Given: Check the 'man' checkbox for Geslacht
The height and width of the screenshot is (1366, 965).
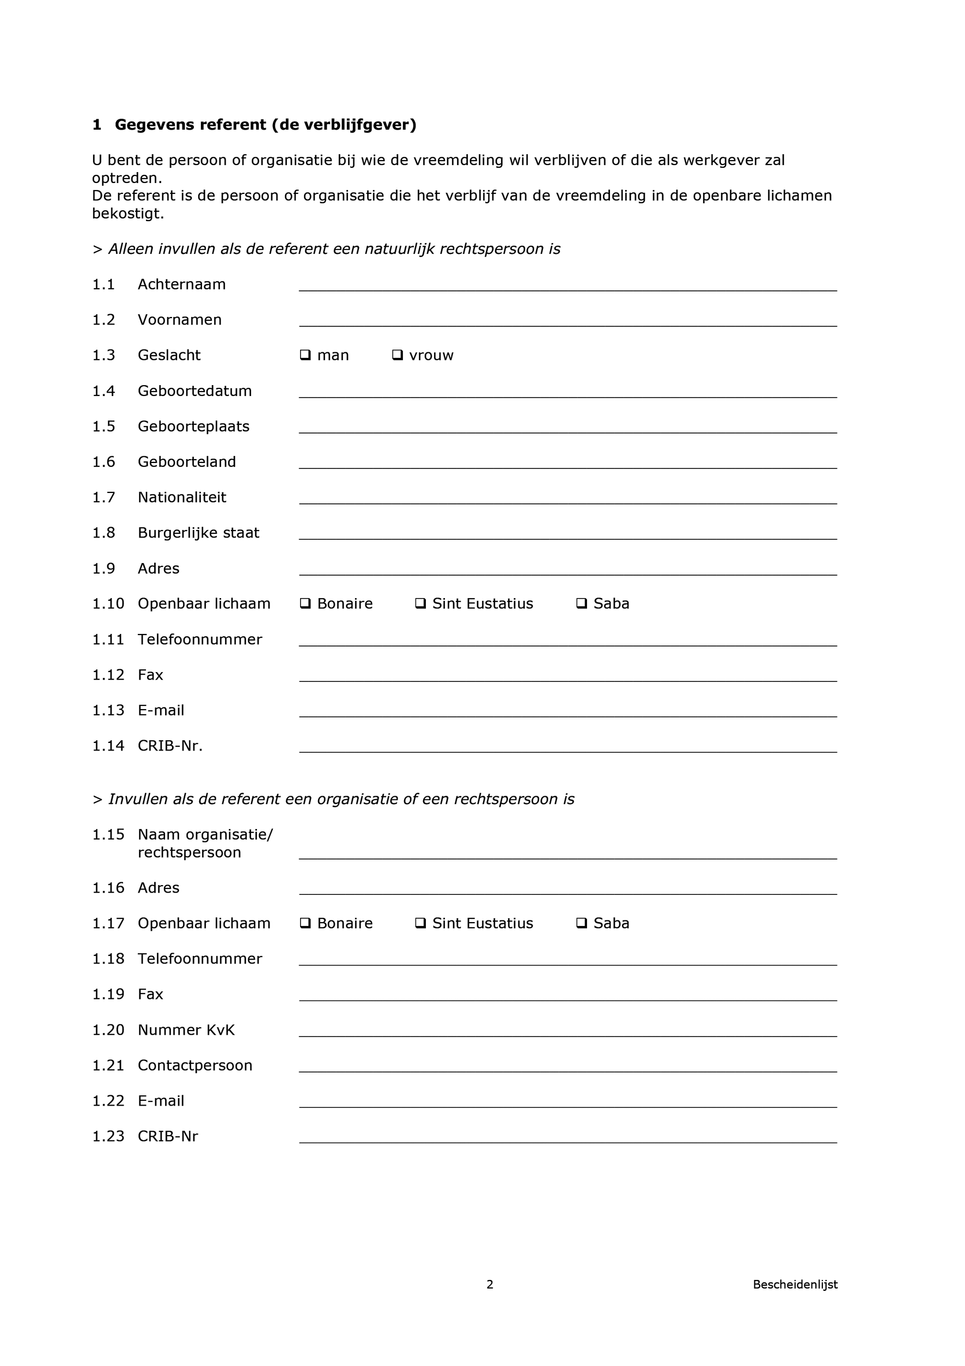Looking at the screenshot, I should coord(305,355).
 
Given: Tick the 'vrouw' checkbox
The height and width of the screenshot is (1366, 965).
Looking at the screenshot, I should coord(398,355).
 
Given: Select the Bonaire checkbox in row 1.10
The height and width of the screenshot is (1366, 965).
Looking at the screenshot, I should coord(305,603).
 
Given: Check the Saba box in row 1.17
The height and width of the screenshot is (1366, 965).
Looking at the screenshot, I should coord(581,923).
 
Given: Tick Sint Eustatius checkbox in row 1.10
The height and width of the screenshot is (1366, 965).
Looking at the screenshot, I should coord(420,603).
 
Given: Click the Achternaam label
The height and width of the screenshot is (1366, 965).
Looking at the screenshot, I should coord(181,284).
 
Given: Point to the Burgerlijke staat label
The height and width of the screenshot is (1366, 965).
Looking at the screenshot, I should coord(198,533).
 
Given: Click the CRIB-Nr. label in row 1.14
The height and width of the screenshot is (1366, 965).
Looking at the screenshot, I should coord(170,746).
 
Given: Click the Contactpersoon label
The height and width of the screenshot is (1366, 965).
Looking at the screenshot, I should coord(194,1065).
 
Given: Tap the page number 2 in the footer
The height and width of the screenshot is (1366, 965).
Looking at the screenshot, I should coord(490,1284).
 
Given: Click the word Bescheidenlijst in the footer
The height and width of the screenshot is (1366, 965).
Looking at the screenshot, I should coord(795,1284).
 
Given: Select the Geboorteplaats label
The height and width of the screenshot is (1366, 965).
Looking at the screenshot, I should coord(193,426).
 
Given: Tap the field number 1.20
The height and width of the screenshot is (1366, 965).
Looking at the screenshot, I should coord(108,1030).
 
